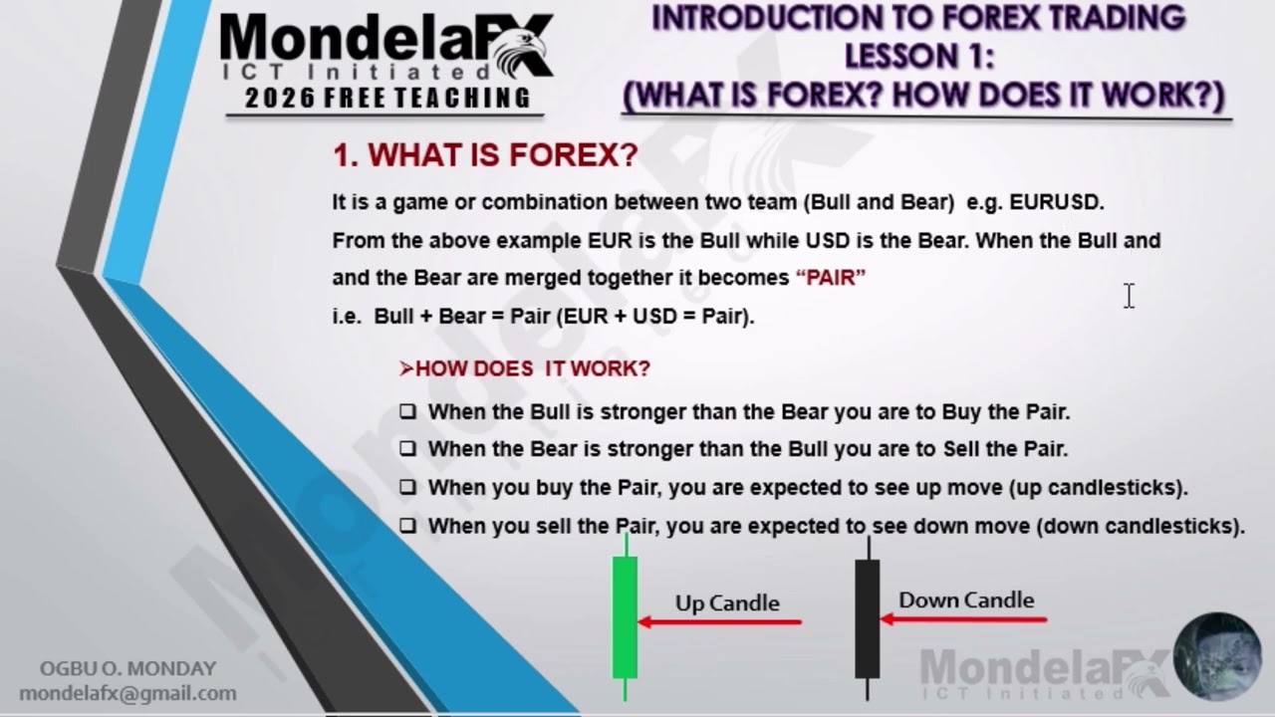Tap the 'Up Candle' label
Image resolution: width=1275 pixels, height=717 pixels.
coord(727,602)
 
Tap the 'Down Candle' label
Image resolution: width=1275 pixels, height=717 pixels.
coord(966,599)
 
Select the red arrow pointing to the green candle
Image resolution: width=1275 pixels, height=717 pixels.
coord(720,622)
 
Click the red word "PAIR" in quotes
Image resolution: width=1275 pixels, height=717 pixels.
coord(831,278)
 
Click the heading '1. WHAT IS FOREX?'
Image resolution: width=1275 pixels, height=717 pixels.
coord(484,155)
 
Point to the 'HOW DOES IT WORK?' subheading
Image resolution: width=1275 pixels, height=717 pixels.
coord(525,368)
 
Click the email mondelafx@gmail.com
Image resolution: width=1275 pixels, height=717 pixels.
coord(127,693)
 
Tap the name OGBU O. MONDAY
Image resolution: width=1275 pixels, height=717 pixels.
coord(127,669)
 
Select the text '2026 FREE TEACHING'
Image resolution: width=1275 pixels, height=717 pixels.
coord(387,98)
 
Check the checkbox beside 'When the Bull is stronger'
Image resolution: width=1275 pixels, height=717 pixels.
coord(407,411)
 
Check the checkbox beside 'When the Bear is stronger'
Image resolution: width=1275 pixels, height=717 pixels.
coord(407,449)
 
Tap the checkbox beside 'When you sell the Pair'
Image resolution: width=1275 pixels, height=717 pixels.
coord(407,526)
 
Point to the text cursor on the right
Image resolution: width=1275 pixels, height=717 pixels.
coord(1129,296)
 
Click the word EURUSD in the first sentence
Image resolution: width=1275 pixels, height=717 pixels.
coord(1055,202)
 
